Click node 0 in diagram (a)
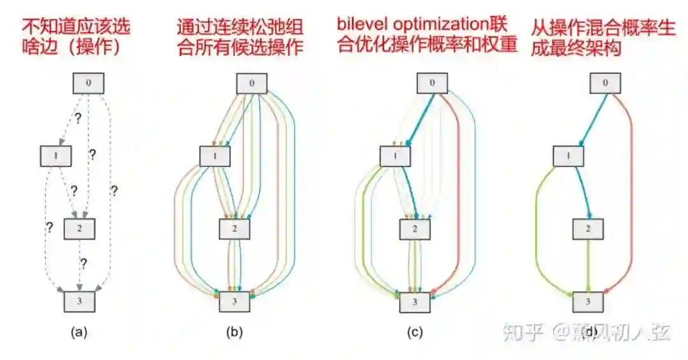pos(89,83)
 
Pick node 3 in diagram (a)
pos(80,301)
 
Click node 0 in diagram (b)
pos(252,83)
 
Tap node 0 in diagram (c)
pos(433,83)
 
